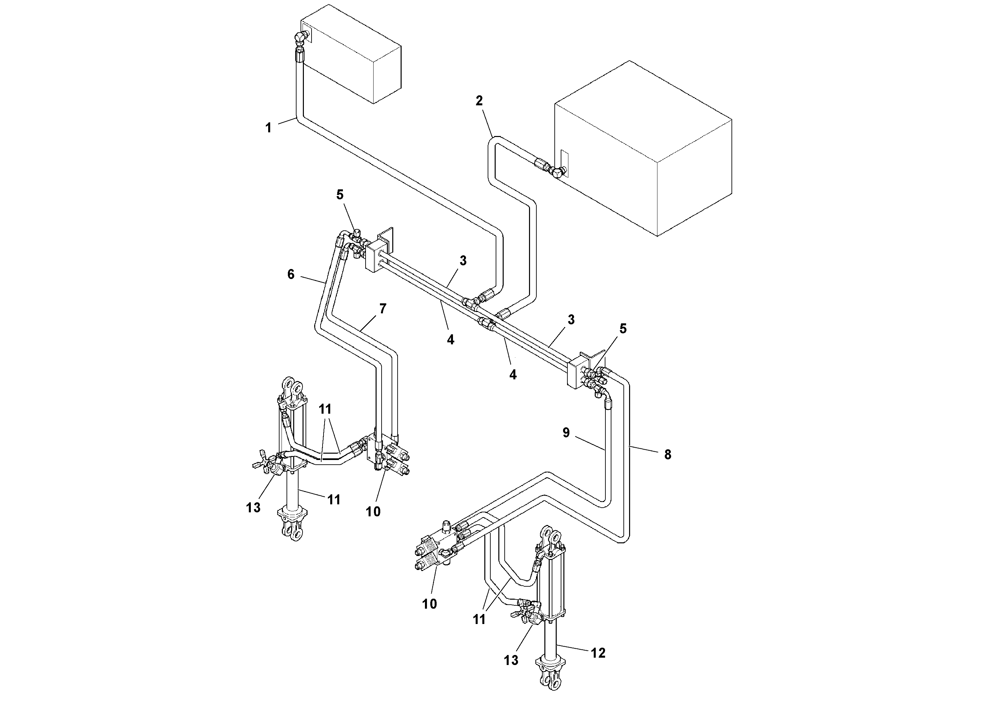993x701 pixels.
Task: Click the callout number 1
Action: pyautogui.click(x=269, y=128)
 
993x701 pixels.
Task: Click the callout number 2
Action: pyautogui.click(x=479, y=101)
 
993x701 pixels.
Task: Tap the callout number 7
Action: pyautogui.click(x=382, y=309)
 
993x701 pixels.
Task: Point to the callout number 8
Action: pyautogui.click(x=668, y=454)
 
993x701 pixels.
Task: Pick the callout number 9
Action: pyautogui.click(x=566, y=433)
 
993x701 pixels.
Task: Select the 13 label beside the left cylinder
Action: pyautogui.click(x=254, y=507)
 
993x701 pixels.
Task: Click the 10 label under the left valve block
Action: pyautogui.click(x=373, y=511)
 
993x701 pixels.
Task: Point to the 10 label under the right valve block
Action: pyautogui.click(x=430, y=604)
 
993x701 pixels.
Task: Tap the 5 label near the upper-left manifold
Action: pyautogui.click(x=340, y=195)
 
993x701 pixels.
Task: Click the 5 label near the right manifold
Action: pyautogui.click(x=623, y=329)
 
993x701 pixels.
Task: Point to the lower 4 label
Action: pyautogui.click(x=513, y=375)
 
